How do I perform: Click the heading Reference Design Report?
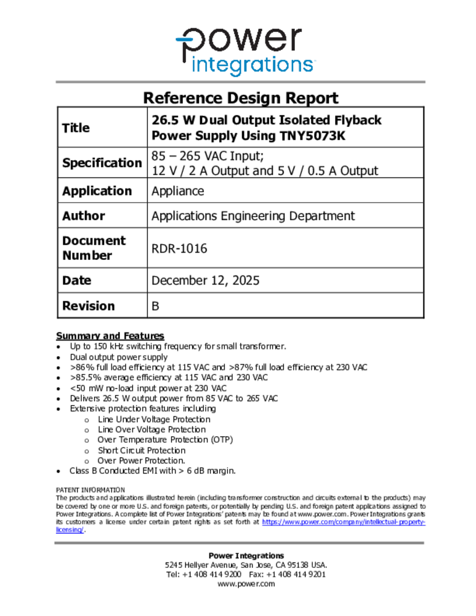point(241,97)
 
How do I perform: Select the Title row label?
point(76,128)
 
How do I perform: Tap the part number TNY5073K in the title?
point(313,135)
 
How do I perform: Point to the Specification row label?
point(102,163)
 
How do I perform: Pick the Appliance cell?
point(178,191)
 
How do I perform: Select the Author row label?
point(84,216)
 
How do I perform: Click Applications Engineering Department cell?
point(253,216)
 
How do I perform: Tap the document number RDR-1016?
point(179,248)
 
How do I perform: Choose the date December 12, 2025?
point(205,280)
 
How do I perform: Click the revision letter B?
point(155,306)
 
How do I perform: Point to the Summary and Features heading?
point(110,336)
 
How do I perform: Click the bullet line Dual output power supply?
point(119,357)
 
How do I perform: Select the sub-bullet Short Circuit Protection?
point(141,450)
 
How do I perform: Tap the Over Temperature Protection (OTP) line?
point(165,440)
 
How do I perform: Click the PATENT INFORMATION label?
point(90,490)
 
